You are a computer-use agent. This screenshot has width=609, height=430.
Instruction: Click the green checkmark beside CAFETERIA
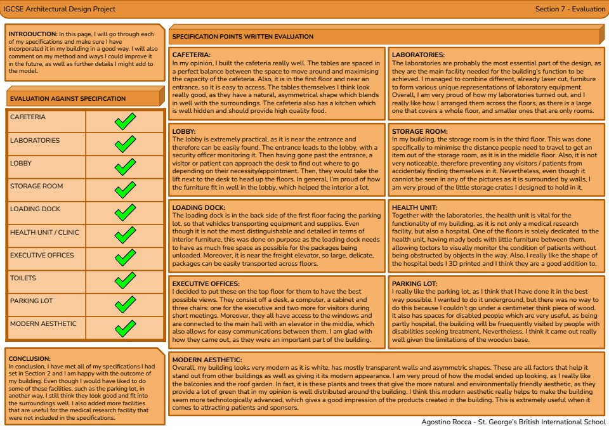[x=125, y=121]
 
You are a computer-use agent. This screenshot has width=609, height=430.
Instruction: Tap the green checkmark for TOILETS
[x=125, y=282]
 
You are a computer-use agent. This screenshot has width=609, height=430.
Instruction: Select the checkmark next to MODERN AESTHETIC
[x=125, y=328]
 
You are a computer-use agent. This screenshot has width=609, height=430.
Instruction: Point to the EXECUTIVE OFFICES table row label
[x=42, y=255]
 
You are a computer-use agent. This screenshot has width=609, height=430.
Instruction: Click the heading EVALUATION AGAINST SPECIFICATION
[x=68, y=99]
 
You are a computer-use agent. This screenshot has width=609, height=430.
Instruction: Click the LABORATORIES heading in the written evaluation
[x=418, y=56]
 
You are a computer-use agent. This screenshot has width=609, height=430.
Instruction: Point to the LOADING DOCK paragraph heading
[x=200, y=207]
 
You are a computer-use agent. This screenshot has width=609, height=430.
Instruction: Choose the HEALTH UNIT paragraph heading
[x=415, y=207]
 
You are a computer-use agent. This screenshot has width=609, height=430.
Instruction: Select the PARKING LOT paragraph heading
[x=415, y=283]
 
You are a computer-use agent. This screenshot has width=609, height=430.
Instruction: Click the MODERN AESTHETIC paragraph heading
[x=209, y=360]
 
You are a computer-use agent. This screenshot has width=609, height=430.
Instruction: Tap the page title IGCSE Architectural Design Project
[x=62, y=10]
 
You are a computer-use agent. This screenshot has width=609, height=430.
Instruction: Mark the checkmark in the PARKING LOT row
[x=125, y=305]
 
